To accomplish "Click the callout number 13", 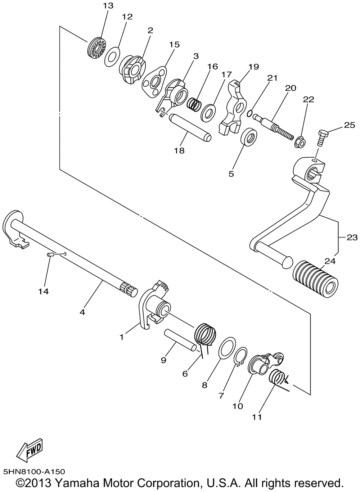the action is (x=108, y=5).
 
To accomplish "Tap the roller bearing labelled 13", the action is (x=97, y=48).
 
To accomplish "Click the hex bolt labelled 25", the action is (x=322, y=137).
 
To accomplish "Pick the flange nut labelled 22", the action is (x=301, y=143).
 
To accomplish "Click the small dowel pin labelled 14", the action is (x=50, y=254).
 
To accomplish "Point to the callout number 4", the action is (x=82, y=312).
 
